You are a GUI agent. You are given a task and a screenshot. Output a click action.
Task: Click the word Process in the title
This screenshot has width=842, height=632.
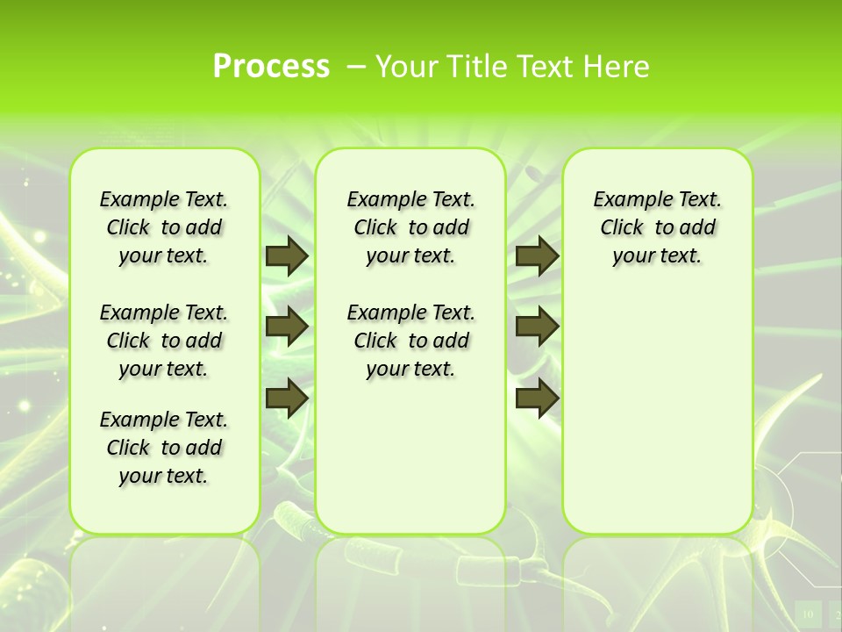tap(271, 66)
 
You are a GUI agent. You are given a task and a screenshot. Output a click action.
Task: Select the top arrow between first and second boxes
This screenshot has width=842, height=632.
tap(286, 255)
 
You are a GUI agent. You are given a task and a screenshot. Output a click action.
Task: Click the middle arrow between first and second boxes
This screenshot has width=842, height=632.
tap(286, 327)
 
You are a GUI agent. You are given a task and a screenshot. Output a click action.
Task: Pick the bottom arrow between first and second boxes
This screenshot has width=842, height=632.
tap(286, 398)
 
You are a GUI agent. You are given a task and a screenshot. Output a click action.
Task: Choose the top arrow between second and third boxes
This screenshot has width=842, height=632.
tap(537, 255)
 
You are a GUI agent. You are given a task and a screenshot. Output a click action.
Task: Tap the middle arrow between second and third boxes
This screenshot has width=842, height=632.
tap(537, 327)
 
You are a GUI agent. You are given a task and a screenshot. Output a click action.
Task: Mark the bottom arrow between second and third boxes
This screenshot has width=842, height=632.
tap(537, 398)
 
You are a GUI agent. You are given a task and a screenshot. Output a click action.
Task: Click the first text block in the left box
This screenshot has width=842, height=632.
tap(164, 227)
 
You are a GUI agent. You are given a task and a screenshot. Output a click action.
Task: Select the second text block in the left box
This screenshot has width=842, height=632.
tap(164, 341)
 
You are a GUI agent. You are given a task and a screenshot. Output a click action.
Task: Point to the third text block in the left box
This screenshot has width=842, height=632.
tap(164, 448)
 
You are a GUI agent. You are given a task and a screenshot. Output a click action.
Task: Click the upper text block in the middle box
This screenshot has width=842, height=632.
tap(410, 227)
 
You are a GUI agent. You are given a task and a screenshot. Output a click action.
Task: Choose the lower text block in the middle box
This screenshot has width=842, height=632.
tap(410, 341)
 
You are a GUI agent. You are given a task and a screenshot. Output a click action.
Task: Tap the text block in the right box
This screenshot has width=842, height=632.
tap(657, 227)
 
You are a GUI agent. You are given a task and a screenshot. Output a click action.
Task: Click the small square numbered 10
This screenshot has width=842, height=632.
tap(808, 614)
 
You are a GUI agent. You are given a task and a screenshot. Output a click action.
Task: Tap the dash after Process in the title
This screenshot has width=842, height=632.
tap(357, 66)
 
